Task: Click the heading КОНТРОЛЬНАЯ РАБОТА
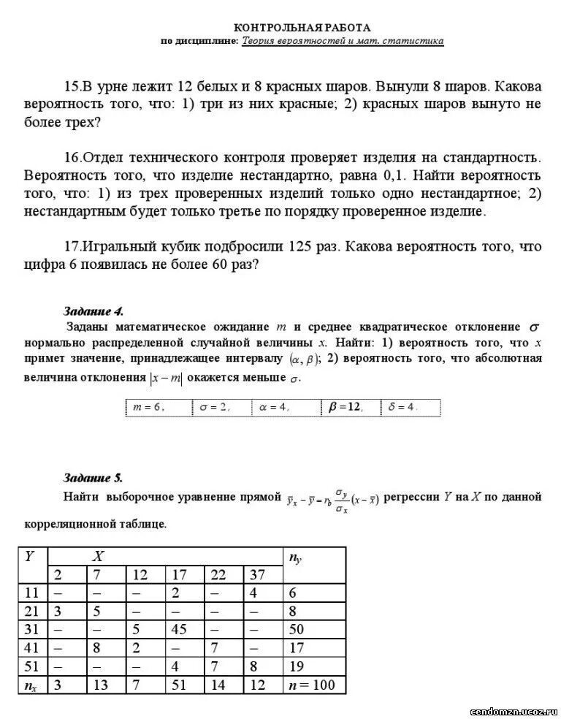click(x=302, y=27)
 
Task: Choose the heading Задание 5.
click(x=93, y=479)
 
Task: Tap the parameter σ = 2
click(x=214, y=408)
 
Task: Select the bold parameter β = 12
click(x=345, y=408)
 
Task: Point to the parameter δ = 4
click(x=402, y=408)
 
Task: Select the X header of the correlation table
click(x=97, y=556)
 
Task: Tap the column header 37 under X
click(x=258, y=575)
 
